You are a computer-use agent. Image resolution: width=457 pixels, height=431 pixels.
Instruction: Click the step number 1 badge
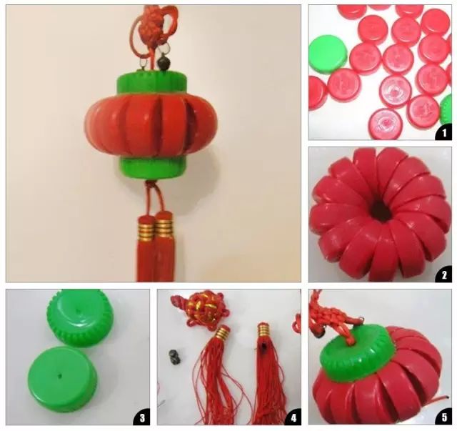click(x=444, y=133)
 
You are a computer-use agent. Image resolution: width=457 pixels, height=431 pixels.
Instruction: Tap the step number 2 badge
click(x=444, y=274)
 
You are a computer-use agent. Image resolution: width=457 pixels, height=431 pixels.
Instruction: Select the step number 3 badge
click(x=142, y=417)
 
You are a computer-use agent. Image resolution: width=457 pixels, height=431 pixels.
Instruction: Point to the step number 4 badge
click(x=293, y=417)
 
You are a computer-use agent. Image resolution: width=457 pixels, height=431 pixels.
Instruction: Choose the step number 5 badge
click(x=444, y=417)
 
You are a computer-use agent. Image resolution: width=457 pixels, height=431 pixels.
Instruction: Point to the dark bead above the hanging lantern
click(x=162, y=62)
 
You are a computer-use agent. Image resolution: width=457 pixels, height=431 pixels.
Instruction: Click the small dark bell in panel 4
click(x=174, y=357)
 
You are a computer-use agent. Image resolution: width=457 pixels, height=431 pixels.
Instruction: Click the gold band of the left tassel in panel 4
click(x=222, y=332)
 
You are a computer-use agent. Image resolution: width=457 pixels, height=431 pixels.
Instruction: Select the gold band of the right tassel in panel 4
click(x=263, y=329)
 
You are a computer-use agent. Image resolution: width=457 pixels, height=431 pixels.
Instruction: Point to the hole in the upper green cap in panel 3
click(x=78, y=311)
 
